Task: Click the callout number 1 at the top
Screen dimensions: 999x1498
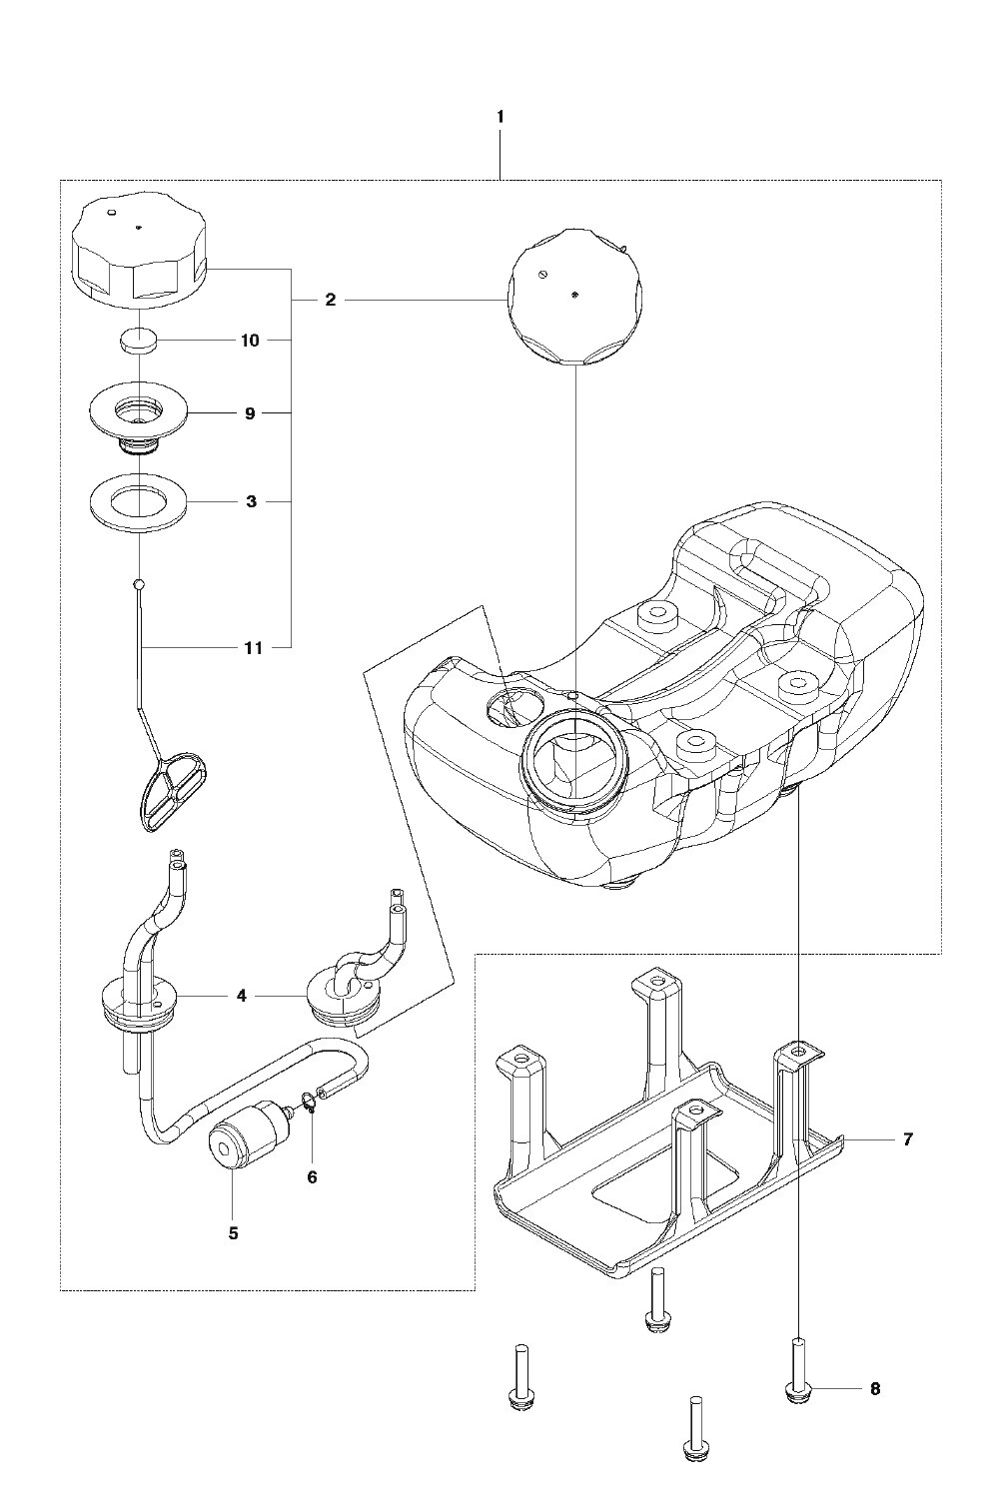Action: (x=500, y=117)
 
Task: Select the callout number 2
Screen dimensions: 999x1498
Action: (x=330, y=301)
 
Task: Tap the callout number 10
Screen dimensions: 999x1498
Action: (x=250, y=341)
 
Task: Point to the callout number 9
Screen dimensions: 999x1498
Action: (x=250, y=414)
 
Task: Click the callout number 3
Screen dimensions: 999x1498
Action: (x=251, y=501)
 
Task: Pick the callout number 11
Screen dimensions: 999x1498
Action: (x=253, y=648)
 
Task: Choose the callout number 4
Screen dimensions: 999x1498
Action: (x=242, y=997)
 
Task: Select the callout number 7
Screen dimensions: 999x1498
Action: (x=907, y=1139)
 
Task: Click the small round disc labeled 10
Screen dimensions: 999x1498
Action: (x=139, y=342)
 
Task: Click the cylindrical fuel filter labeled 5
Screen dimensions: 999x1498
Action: (x=244, y=1133)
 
